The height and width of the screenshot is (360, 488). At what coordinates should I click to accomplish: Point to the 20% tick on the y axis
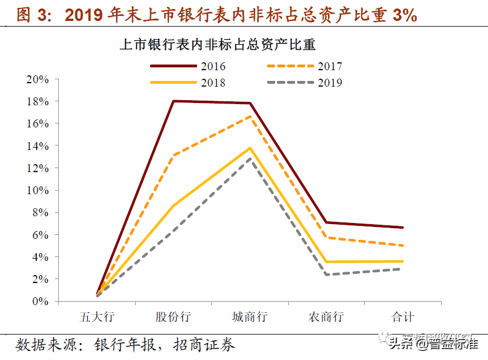click(38, 79)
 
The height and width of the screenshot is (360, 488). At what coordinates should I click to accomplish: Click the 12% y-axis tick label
click(38, 168)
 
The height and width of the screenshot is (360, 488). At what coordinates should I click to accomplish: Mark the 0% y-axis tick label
click(40, 301)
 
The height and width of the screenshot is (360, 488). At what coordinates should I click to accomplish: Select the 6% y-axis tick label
click(40, 234)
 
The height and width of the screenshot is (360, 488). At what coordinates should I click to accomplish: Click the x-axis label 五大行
click(96, 316)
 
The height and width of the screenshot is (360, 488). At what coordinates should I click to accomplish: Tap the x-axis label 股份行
click(173, 316)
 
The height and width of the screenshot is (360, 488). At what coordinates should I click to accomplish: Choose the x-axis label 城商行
click(250, 316)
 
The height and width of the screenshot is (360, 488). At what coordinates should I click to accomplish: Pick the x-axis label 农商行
click(326, 316)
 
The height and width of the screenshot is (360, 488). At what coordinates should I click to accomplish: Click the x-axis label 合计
click(403, 316)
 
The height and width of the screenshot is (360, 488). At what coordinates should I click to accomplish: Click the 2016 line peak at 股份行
click(173, 101)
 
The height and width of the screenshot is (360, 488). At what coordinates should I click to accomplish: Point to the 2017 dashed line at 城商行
click(250, 116)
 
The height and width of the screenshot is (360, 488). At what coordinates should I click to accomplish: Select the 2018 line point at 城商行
click(250, 148)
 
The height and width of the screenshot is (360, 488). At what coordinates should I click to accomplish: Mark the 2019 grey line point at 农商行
click(327, 275)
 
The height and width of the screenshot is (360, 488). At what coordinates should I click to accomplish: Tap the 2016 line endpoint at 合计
click(403, 228)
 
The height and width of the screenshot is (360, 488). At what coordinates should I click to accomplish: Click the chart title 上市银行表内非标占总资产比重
click(225, 44)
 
